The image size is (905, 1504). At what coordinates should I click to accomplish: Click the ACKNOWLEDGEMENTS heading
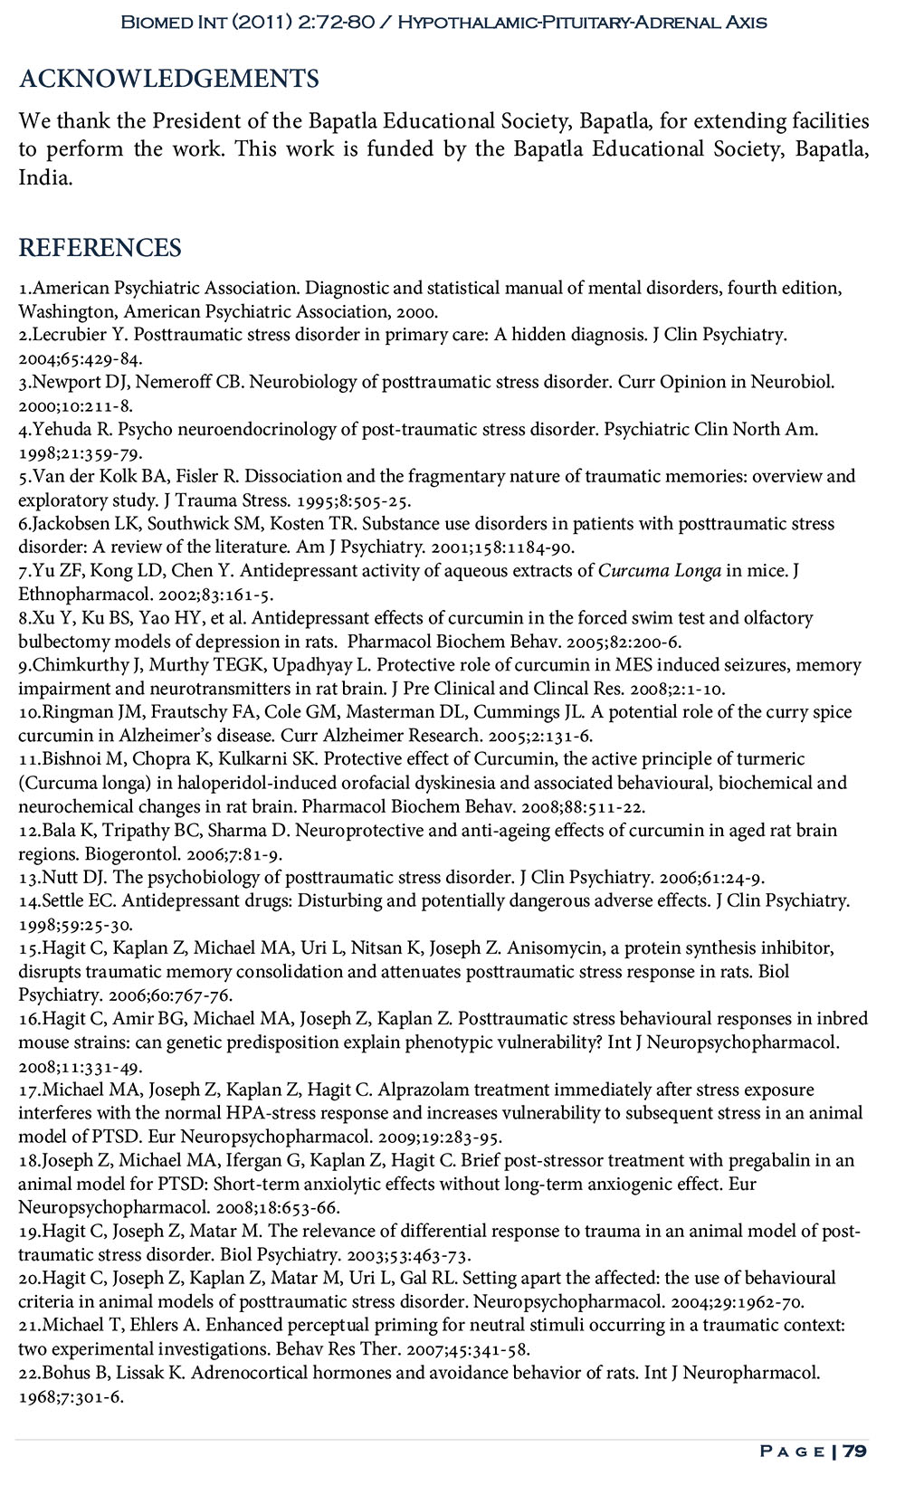[168, 80]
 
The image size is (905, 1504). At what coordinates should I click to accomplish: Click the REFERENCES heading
[100, 248]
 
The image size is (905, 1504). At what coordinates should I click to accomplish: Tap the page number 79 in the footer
[854, 1451]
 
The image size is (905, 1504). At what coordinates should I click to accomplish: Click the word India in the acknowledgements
[43, 177]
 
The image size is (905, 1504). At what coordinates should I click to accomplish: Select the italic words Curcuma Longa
[660, 571]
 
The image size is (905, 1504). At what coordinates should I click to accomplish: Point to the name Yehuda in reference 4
[61, 429]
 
